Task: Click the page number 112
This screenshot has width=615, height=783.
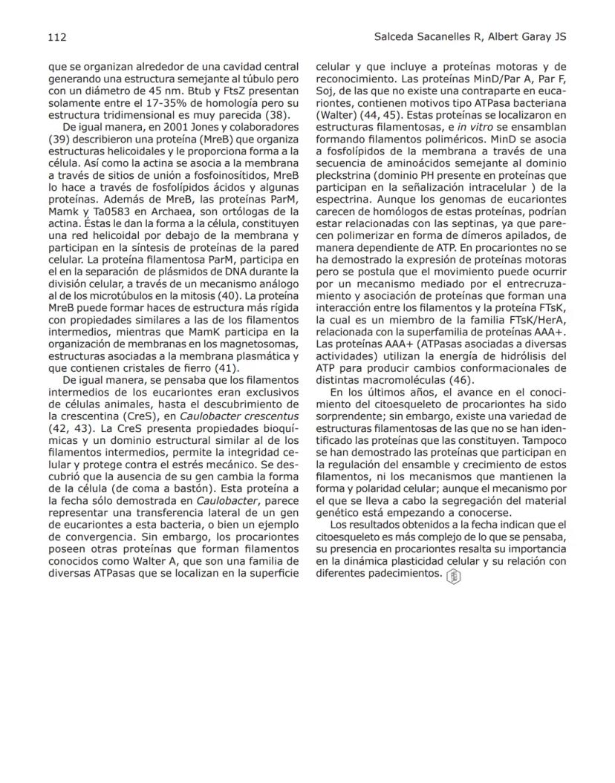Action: click(57, 36)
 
